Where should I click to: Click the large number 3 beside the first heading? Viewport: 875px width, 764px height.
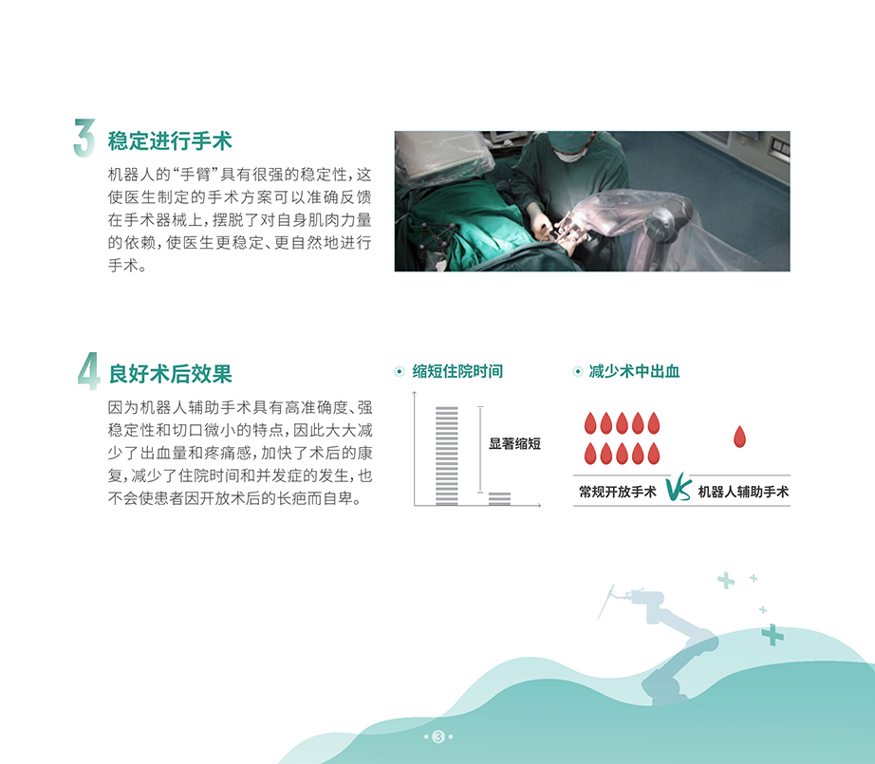[84, 138]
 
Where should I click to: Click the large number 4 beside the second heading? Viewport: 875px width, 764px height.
[88, 371]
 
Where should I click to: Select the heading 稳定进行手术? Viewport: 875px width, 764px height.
[170, 140]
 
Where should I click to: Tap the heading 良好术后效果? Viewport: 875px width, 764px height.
[170, 373]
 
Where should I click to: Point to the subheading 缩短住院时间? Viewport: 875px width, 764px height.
[457, 371]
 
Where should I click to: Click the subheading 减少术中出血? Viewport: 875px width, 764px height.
[635, 371]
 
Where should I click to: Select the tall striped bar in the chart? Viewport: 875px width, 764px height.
[446, 456]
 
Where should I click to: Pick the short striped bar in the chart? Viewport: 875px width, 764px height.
[499, 499]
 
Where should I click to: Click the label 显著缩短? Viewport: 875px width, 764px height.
[514, 443]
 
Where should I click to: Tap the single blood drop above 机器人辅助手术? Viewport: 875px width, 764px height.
[739, 437]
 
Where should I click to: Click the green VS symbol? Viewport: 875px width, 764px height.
[679, 487]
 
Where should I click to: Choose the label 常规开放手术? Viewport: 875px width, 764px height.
[618, 492]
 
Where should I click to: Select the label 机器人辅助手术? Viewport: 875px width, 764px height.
[743, 492]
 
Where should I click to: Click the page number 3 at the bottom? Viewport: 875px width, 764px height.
[438, 736]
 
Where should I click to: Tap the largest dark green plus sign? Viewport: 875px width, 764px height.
[773, 635]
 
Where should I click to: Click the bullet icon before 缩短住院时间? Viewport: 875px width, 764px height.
[399, 371]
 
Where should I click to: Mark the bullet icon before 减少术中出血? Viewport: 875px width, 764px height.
[578, 371]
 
